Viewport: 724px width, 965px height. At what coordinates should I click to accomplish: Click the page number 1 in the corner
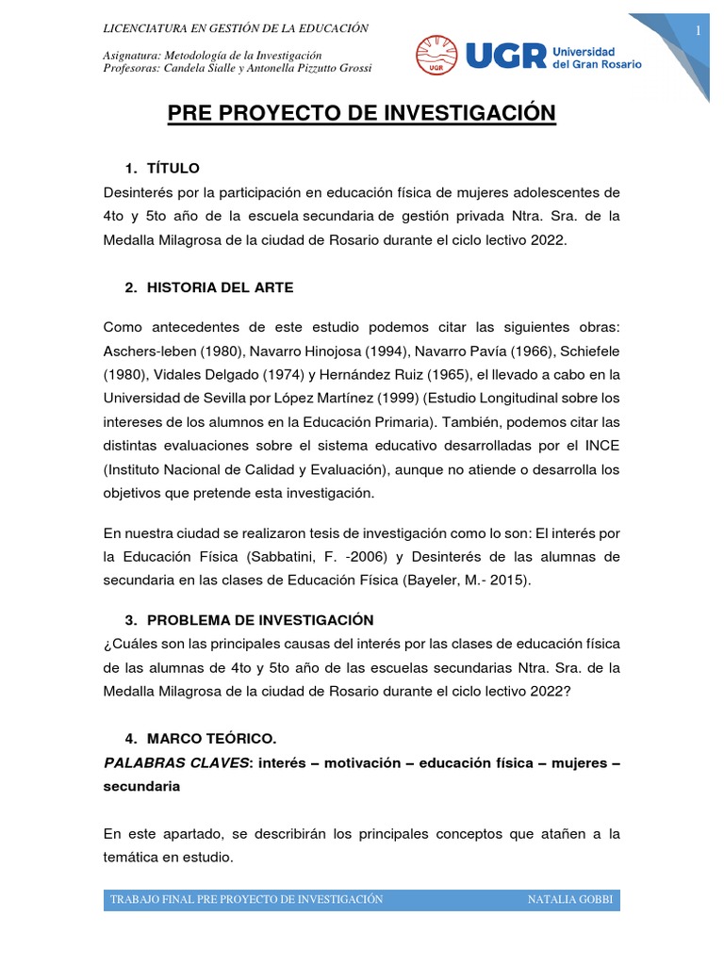[x=699, y=31]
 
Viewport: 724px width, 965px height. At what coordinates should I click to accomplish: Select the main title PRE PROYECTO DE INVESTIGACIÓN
[x=362, y=114]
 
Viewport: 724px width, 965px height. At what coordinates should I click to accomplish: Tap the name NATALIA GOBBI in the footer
[x=570, y=899]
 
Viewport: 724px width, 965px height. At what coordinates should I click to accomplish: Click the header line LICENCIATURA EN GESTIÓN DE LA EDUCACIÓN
[x=236, y=28]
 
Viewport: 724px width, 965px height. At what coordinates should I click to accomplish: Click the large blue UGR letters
[x=505, y=55]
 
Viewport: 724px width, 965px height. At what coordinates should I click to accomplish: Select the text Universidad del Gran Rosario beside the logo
[x=595, y=57]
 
